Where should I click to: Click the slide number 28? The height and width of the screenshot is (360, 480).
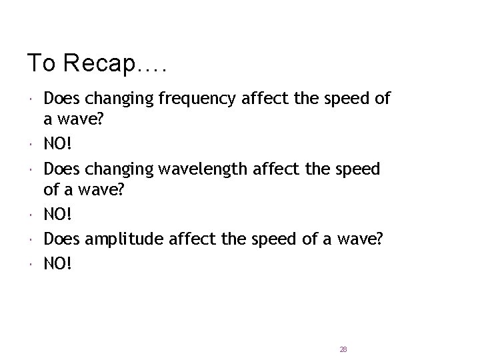coord(343,349)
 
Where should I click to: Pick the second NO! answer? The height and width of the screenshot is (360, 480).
coord(59,215)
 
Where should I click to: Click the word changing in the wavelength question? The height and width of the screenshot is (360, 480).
coord(117,169)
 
